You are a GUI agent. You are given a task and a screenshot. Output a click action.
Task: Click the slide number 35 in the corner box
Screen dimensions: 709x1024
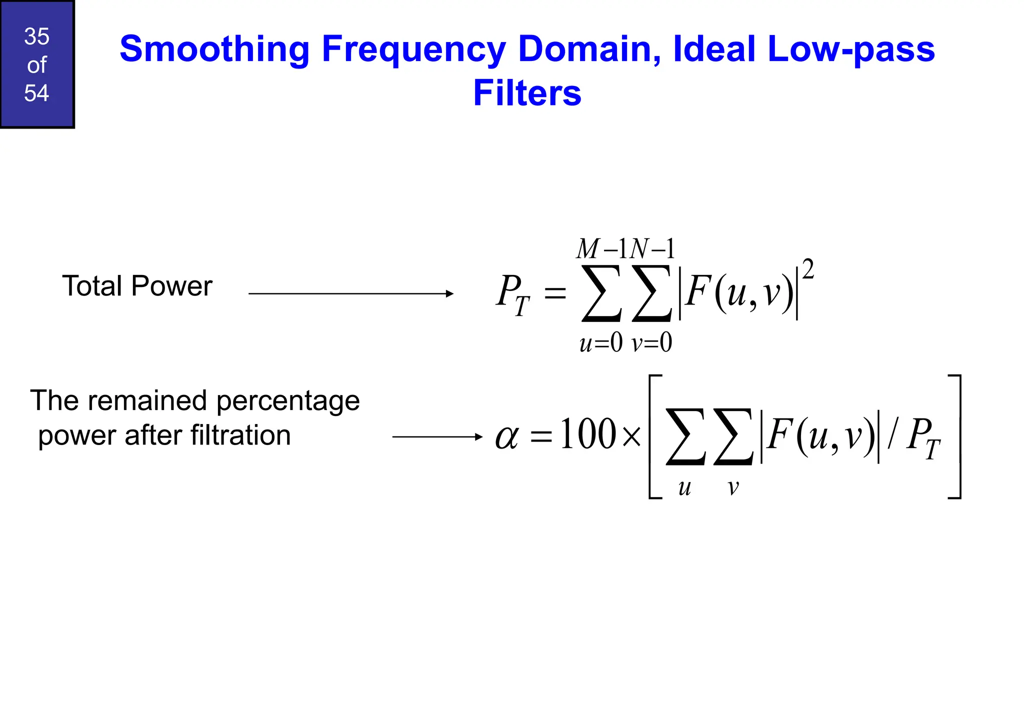coord(36,36)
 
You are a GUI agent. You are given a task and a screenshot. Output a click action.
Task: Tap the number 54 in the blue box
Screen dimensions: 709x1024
coord(36,93)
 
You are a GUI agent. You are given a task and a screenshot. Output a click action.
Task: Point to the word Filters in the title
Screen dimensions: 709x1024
coord(527,93)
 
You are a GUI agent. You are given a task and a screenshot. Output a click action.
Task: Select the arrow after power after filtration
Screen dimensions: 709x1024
coord(437,437)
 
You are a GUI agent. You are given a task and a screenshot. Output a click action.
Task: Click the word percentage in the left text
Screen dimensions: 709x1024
coord(288,401)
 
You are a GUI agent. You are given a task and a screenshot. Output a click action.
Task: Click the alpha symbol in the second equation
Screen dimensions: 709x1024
coord(507,436)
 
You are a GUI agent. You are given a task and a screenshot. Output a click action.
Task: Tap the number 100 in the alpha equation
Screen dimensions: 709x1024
coord(588,434)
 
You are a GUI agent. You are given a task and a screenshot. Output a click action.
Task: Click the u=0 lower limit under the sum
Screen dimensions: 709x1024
coord(600,343)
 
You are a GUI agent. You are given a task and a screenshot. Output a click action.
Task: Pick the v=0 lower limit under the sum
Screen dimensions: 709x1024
coord(651,343)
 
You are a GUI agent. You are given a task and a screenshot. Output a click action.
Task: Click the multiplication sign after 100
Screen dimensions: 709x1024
coord(632,437)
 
